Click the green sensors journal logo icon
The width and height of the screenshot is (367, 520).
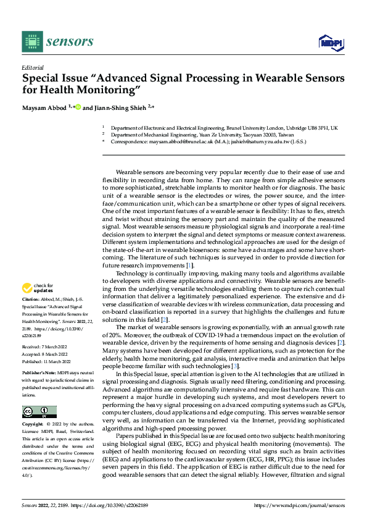(x=32, y=41)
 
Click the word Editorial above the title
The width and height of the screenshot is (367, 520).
(x=32, y=67)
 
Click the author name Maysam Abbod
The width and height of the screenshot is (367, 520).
(x=45, y=107)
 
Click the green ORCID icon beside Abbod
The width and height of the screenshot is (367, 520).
(x=78, y=107)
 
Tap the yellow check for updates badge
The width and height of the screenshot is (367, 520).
(x=38, y=288)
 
